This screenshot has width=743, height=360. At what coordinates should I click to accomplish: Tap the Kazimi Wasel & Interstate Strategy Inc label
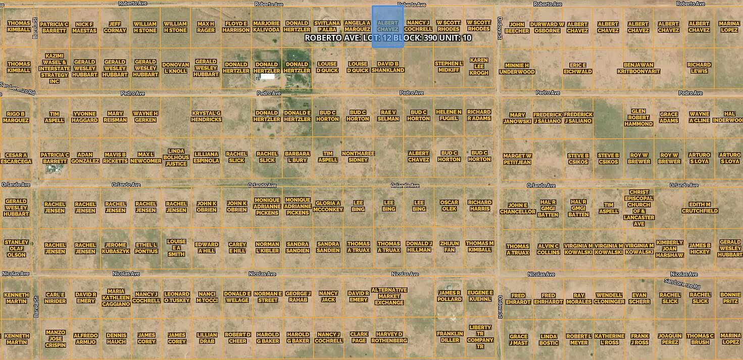tap(54, 68)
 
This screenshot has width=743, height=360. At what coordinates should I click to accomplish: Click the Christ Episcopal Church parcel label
tap(639, 208)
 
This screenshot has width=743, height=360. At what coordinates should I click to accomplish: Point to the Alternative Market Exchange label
tap(389, 296)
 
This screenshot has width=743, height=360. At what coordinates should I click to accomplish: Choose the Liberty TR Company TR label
tap(480, 337)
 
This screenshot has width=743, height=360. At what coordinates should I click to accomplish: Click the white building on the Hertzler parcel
tap(268, 77)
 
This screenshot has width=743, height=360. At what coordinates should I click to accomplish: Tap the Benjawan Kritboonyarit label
tap(638, 68)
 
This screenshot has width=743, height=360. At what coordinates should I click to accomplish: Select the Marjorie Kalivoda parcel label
tap(266, 26)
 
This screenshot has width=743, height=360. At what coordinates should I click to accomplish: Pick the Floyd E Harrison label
tap(236, 27)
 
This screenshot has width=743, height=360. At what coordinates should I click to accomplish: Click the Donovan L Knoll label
tap(175, 68)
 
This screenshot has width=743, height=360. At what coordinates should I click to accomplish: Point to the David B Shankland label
tap(388, 67)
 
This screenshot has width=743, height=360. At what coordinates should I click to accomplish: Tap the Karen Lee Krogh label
tap(479, 67)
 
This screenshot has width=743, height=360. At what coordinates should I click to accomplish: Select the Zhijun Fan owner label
tap(449, 246)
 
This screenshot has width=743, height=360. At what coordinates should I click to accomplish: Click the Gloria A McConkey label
tap(328, 206)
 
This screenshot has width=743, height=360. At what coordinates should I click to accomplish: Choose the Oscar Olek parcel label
tap(449, 205)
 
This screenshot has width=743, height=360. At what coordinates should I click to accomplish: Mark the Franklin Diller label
tap(450, 337)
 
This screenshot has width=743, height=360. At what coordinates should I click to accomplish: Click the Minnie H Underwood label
tap(517, 68)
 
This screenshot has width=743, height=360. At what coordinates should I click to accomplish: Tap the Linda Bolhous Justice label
tap(176, 157)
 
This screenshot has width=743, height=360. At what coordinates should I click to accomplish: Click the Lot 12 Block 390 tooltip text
tap(388, 38)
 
